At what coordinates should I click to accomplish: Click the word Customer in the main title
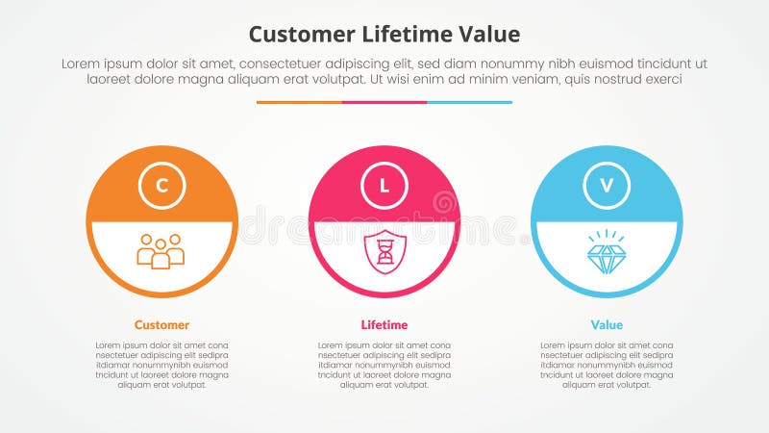(297, 35)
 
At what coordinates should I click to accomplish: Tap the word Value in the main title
(491, 35)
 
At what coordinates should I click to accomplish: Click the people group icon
(161, 251)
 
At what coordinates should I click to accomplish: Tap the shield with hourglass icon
(384, 252)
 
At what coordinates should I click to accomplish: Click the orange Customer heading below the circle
(161, 324)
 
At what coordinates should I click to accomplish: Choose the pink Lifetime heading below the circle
(384, 324)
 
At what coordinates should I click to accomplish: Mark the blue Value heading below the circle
(607, 324)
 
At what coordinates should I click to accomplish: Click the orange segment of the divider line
(299, 102)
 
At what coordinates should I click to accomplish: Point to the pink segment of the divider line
(384, 102)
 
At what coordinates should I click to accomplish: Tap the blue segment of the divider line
(469, 102)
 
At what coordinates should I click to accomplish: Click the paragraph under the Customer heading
(161, 365)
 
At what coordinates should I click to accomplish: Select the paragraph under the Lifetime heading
(384, 365)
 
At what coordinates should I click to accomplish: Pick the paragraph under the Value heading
(607, 365)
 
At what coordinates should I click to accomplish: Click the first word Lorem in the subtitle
(81, 63)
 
